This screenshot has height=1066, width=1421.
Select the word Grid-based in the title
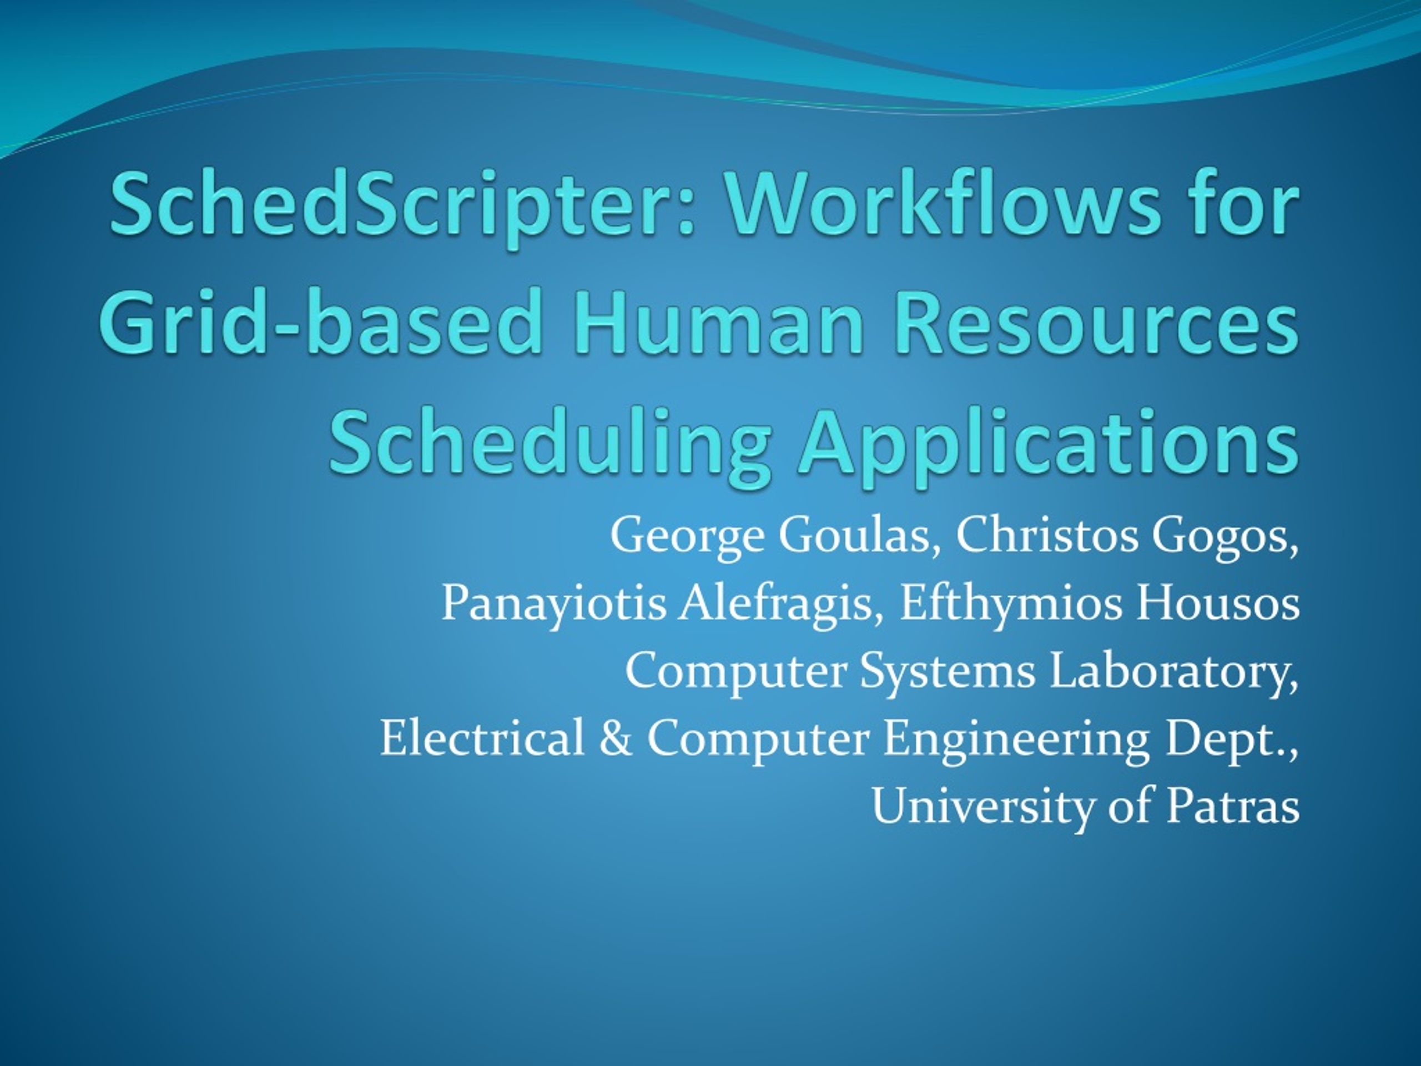point(319,321)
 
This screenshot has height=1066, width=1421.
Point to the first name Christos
point(1047,535)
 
